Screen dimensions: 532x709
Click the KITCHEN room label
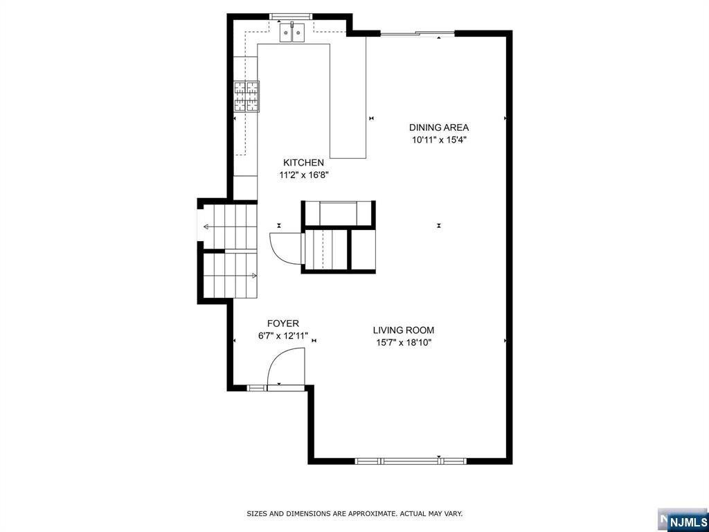(x=303, y=163)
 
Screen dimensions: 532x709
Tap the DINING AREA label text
(x=439, y=127)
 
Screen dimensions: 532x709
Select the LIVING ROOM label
(x=404, y=330)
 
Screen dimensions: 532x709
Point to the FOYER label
(x=283, y=323)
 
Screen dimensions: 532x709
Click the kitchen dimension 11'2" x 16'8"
(x=303, y=176)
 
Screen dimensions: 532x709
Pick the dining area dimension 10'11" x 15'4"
(x=439, y=140)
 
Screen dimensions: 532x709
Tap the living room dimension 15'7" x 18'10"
(x=404, y=343)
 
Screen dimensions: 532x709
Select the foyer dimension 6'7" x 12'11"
(x=282, y=337)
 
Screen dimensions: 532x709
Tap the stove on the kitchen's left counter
(x=246, y=96)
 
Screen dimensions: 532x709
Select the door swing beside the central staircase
(x=284, y=247)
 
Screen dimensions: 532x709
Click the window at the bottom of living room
(x=411, y=460)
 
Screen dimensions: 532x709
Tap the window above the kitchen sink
(x=291, y=15)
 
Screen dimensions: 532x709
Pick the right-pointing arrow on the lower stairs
(x=253, y=276)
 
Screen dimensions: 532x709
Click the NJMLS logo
(x=688, y=520)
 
